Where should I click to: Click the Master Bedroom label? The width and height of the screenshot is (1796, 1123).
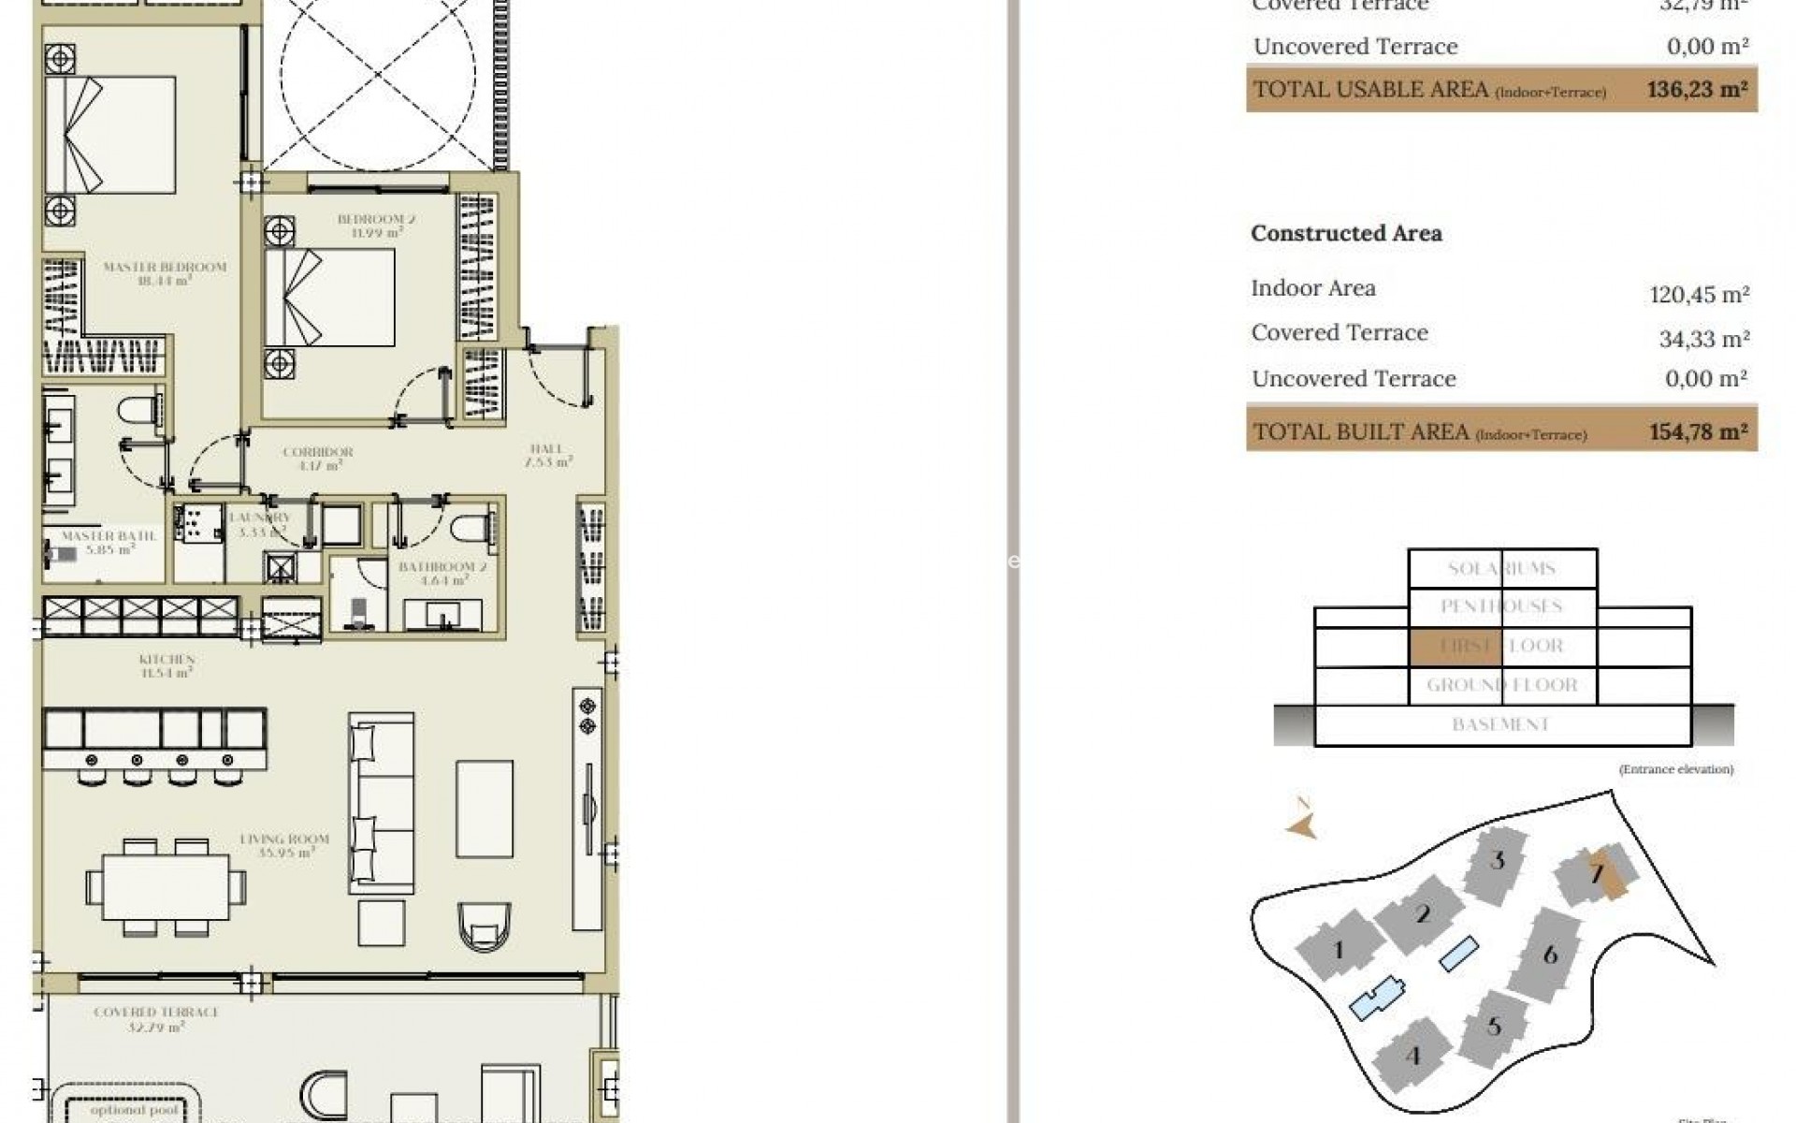pos(165,268)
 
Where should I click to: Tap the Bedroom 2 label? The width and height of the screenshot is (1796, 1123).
pos(376,220)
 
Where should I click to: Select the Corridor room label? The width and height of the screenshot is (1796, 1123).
pos(317,452)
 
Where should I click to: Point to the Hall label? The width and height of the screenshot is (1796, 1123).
pos(546,449)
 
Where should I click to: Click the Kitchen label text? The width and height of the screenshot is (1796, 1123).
pos(167,660)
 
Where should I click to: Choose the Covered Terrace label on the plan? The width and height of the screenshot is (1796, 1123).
pos(156,1013)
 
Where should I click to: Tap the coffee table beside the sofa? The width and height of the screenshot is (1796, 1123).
pos(484,809)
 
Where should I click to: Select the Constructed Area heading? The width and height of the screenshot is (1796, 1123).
pos(1346,233)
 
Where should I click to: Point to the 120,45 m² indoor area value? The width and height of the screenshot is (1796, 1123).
pos(1699,295)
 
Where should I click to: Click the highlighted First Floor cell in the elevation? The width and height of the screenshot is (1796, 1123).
pos(1455,646)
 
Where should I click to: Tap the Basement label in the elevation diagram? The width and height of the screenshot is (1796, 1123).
pos(1500,724)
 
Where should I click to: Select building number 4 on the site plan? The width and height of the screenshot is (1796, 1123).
pos(1412,1056)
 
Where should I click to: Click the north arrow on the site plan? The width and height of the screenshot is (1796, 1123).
pos(1302,825)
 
